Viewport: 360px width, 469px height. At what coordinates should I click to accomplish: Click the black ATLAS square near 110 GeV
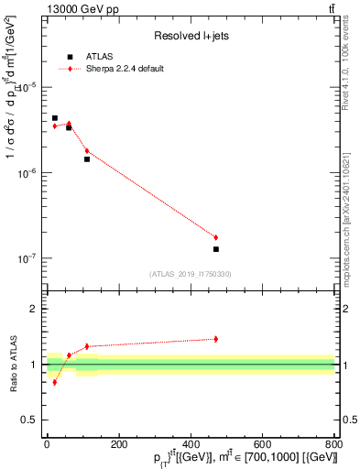click(87, 159)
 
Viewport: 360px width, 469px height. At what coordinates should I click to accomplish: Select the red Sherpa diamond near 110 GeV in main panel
click(87, 151)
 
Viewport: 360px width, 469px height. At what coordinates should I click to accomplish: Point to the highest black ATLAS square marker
click(55, 118)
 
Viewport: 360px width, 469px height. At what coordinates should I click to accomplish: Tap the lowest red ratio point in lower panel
click(55, 382)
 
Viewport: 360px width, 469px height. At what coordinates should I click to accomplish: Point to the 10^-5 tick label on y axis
click(30, 87)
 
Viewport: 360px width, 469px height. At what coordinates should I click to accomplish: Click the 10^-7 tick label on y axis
click(30, 259)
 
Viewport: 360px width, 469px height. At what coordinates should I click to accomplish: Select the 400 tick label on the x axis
click(191, 444)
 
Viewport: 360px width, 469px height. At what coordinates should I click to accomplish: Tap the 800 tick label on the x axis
click(333, 444)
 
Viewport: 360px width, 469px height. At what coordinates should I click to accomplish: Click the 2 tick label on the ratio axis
click(35, 309)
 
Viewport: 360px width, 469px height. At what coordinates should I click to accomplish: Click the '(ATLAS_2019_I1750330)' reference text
click(191, 274)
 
